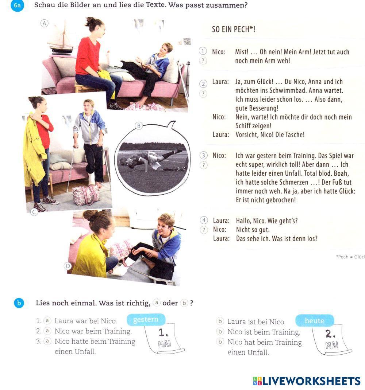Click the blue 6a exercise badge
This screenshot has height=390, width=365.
click(17, 5)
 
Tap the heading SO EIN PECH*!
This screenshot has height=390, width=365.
click(234, 30)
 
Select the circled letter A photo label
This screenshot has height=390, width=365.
click(45, 23)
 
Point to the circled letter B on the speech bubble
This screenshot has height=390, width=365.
click(139, 126)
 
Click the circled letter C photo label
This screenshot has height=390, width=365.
click(34, 212)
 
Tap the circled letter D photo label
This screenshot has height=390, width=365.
click(68, 266)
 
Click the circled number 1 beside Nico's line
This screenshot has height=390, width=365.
click(203, 51)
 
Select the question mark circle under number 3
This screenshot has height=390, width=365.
click(204, 165)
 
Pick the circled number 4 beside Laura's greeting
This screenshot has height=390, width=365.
click(204, 220)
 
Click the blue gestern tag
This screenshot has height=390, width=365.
click(146, 320)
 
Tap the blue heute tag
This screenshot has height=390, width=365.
click(314, 321)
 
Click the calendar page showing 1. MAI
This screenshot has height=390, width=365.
click(164, 338)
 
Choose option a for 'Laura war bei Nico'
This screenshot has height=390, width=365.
click(47, 321)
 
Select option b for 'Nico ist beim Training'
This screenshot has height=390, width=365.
click(220, 332)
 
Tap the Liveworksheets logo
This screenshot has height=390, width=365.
click(307, 381)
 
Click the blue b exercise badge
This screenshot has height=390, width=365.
click(19, 303)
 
